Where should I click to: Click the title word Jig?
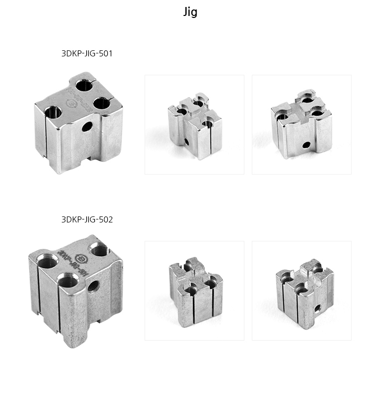[190, 12]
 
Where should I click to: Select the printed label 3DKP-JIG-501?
[87, 54]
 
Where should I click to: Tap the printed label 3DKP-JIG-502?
[87, 219]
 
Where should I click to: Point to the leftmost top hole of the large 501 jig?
[53, 111]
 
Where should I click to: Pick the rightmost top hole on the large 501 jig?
[102, 103]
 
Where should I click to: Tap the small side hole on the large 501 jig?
[87, 127]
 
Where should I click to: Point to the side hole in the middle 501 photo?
[186, 142]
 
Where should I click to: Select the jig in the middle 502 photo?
[194, 291]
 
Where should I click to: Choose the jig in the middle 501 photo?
[194, 125]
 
